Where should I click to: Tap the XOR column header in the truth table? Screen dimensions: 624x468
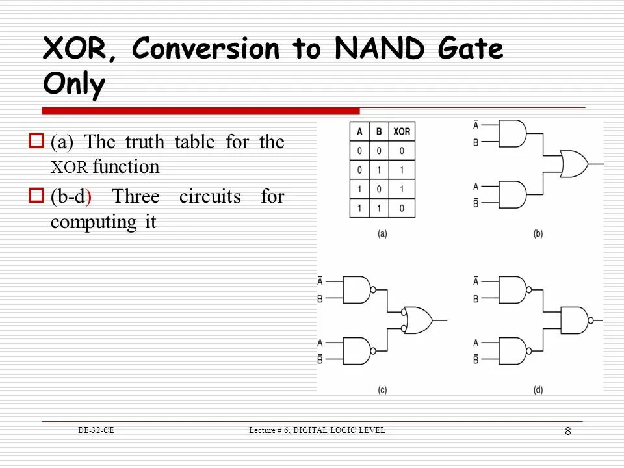(x=402, y=131)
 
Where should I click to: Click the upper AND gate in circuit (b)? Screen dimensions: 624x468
(x=513, y=134)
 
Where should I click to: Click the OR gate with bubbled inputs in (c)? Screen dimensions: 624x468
(x=418, y=320)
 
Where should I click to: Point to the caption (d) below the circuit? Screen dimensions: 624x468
(x=538, y=390)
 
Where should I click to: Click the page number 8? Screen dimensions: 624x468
(x=567, y=432)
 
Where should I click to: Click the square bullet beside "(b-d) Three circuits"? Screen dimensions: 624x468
(x=36, y=195)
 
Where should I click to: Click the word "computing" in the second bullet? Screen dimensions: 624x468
(x=91, y=222)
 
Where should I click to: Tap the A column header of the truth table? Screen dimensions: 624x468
(x=359, y=131)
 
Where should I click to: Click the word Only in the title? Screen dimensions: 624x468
(x=73, y=84)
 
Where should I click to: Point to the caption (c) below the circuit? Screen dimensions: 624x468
(x=382, y=390)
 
